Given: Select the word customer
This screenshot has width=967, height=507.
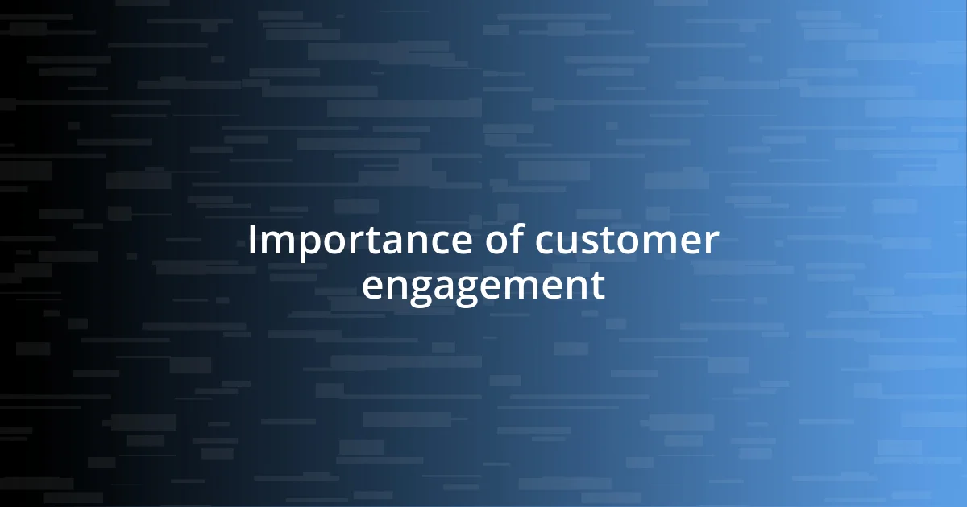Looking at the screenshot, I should pyautogui.click(x=625, y=241).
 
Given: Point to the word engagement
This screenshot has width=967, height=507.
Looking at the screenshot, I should pyautogui.click(x=483, y=286).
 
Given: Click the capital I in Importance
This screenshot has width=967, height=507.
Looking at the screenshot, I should pyautogui.click(x=252, y=241).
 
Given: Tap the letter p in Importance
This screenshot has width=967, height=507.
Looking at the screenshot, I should pyautogui.click(x=301, y=245).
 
